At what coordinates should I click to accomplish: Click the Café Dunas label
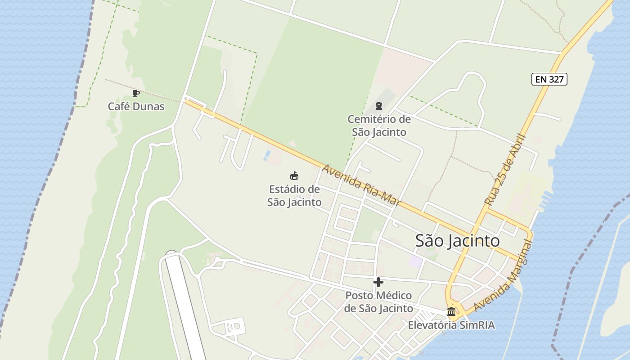(136, 107)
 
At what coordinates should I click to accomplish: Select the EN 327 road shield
(549, 80)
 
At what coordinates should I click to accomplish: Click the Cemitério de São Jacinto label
(379, 126)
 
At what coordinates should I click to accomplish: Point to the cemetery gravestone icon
(378, 106)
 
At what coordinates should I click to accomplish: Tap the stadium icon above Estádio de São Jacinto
(294, 175)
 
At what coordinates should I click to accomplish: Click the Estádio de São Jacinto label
(294, 196)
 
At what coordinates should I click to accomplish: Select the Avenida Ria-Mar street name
(361, 185)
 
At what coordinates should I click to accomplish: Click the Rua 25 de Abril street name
(505, 170)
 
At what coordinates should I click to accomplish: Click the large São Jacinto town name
(457, 241)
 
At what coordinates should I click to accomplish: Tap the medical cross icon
(378, 282)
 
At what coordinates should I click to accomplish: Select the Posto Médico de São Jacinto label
(378, 302)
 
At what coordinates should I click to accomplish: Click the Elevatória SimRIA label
(451, 325)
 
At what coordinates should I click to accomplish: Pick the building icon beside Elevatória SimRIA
(451, 311)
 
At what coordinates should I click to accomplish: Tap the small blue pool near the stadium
(268, 155)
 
